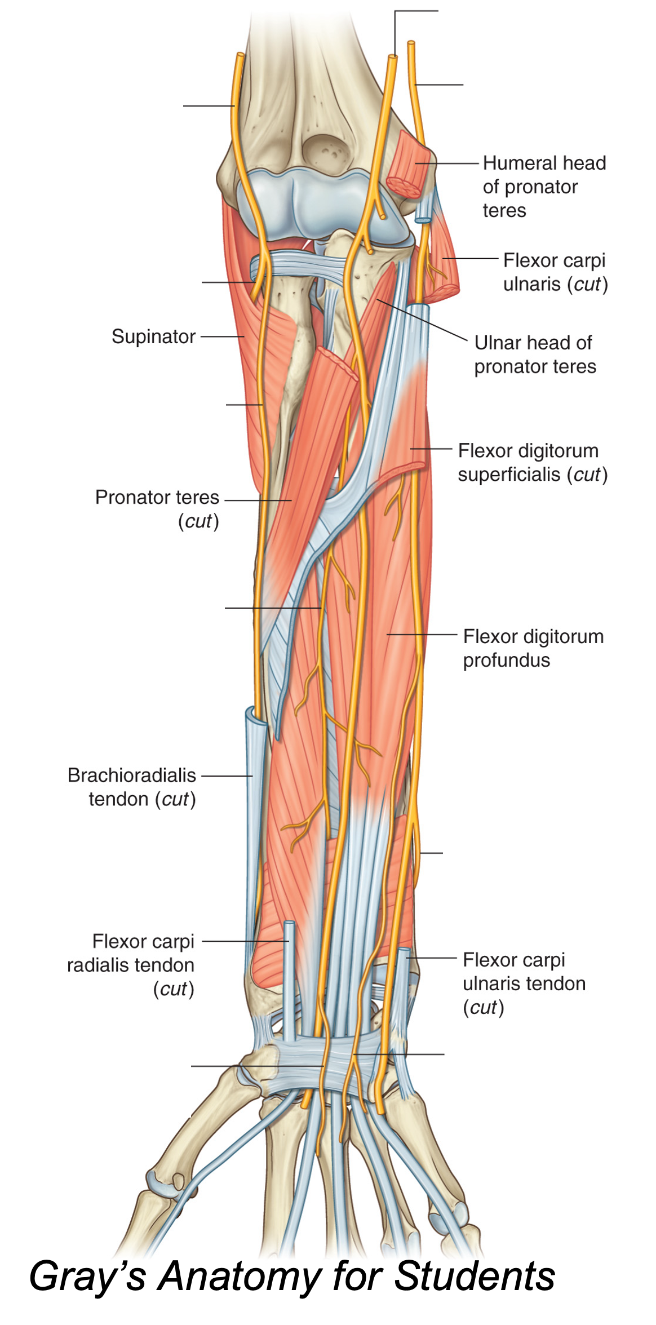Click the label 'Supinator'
point(153,336)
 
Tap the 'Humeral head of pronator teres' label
point(543,187)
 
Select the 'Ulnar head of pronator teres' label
point(534,354)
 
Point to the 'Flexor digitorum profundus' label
point(533,648)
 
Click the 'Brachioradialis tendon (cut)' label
point(132,787)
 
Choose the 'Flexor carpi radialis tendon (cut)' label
point(131,965)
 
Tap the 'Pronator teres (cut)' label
point(157,508)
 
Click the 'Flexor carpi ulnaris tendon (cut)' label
point(524,983)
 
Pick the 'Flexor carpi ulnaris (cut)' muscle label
point(555,272)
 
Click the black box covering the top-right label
point(521,13)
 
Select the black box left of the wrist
point(123,1065)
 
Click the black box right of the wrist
point(518,1076)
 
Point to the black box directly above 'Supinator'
point(128,287)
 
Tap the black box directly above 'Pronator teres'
point(140,425)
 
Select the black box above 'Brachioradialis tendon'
point(140,634)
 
